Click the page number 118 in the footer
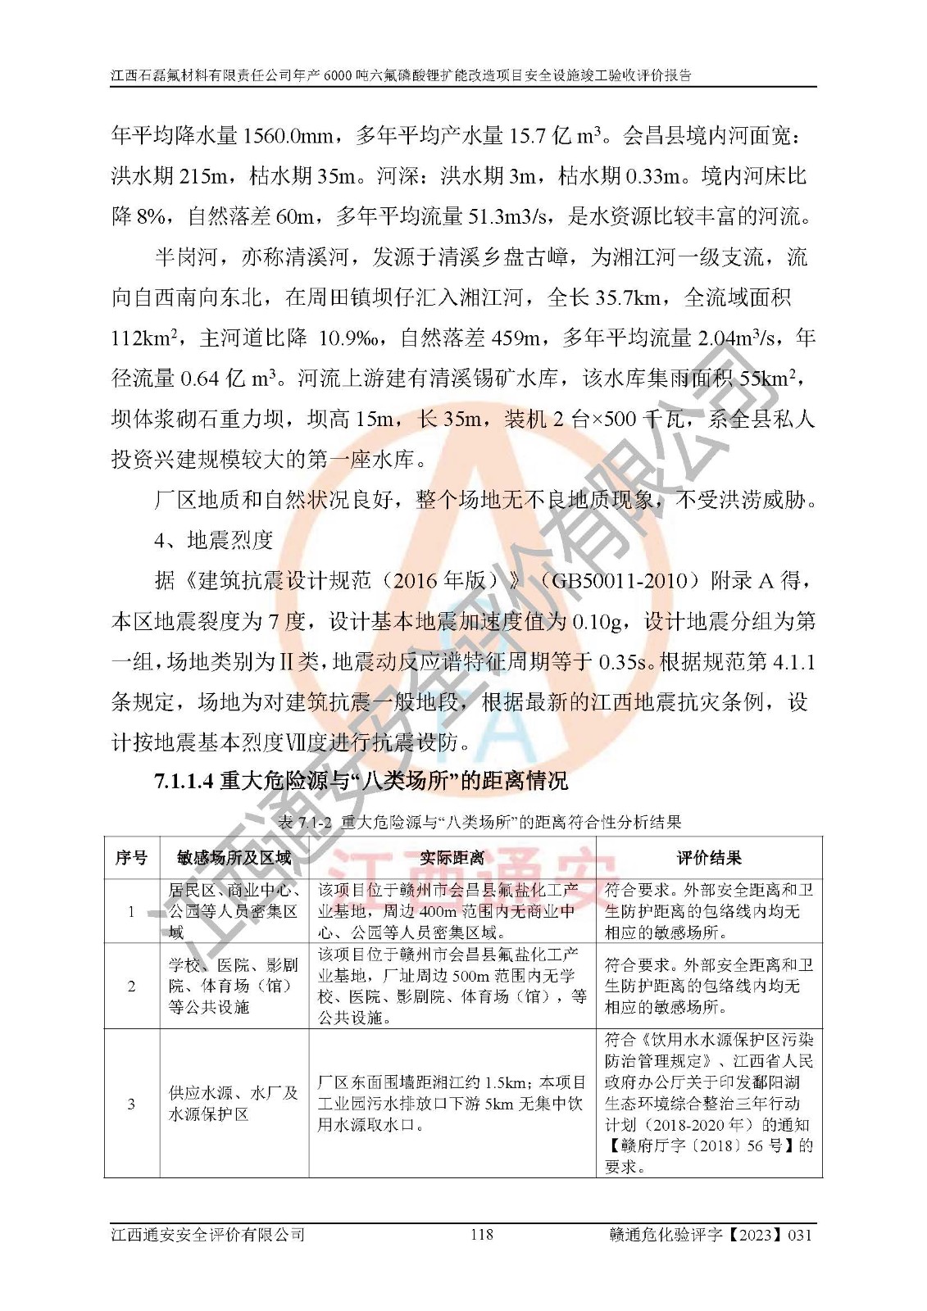(x=481, y=1233)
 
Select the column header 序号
(x=131, y=858)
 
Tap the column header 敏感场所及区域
(x=234, y=858)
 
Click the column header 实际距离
(x=452, y=858)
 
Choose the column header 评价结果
(x=708, y=858)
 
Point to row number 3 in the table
(x=131, y=1104)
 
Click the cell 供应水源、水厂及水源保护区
(x=233, y=1104)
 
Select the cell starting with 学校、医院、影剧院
(x=233, y=986)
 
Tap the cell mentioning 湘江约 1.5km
(x=452, y=1104)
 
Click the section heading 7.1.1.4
(x=361, y=780)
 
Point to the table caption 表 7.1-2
(x=479, y=821)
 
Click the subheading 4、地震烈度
(x=213, y=540)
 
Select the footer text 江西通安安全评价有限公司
(x=208, y=1234)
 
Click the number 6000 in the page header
(x=338, y=75)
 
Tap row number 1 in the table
(x=131, y=910)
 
